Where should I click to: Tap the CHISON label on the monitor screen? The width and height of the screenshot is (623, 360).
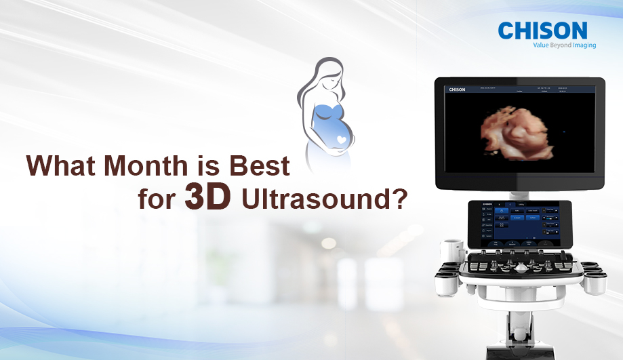tap(457, 89)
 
